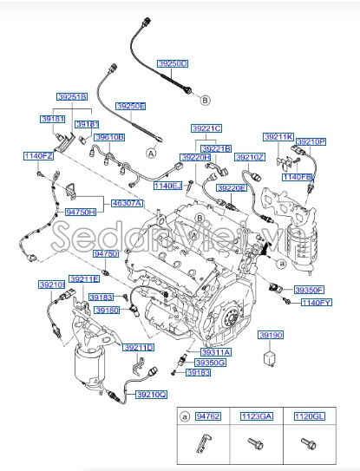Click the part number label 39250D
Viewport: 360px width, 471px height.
[x=173, y=64]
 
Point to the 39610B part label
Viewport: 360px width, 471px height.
[x=110, y=137]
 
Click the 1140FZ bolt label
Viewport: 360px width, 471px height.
[x=38, y=156]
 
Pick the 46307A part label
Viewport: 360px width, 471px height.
[x=128, y=202]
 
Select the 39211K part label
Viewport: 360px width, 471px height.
[x=279, y=137]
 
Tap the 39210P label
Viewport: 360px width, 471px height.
[x=311, y=141]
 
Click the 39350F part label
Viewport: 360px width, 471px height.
[x=308, y=290]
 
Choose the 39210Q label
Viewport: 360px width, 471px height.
[x=151, y=395]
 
